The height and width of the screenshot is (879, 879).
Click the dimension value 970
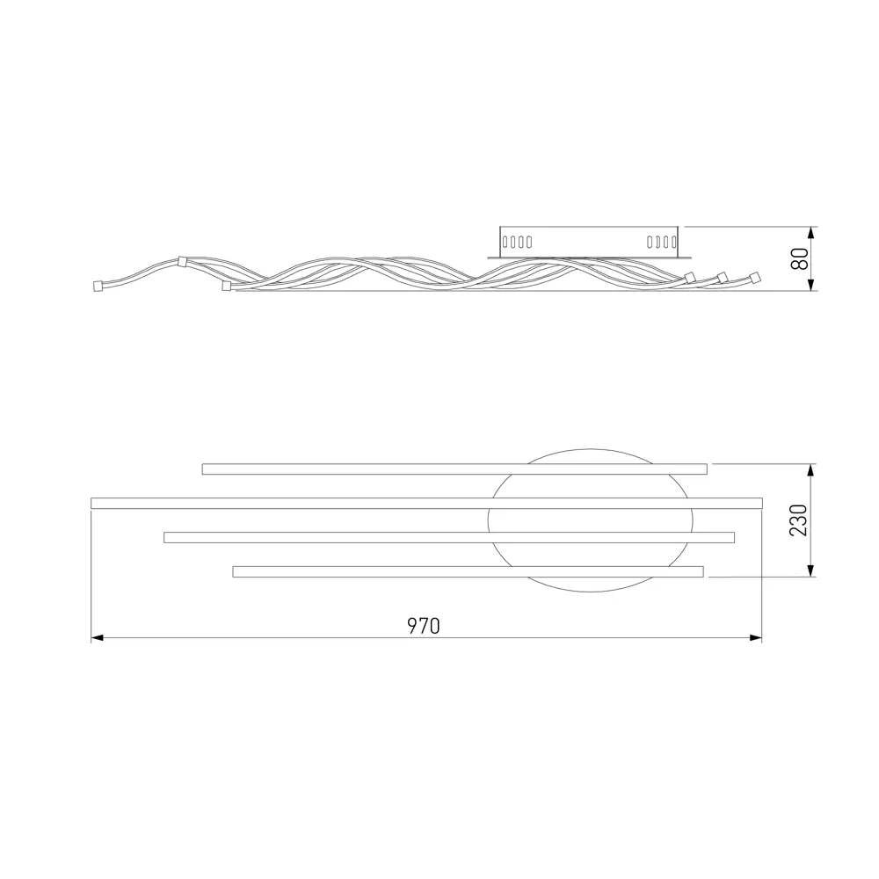(424, 626)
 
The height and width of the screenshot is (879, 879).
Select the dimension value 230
(798, 520)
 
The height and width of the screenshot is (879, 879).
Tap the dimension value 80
(800, 258)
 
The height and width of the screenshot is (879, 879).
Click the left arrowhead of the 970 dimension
(97, 638)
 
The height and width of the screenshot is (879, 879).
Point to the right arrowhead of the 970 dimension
(756, 638)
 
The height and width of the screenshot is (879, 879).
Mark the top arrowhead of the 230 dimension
(810, 470)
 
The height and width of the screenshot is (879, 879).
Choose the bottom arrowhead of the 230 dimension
(810, 570)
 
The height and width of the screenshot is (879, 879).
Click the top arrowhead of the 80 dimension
(810, 233)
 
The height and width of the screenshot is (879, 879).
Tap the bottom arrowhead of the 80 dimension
(810, 284)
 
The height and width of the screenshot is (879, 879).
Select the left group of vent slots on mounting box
(517, 243)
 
